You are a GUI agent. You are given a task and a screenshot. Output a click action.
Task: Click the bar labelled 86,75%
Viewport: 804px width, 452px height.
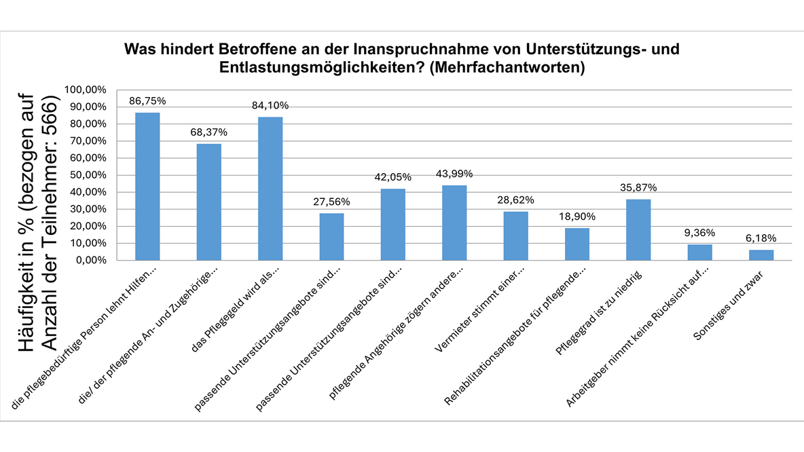click(x=147, y=186)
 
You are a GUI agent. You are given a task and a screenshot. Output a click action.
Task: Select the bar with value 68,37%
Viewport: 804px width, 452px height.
click(x=208, y=202)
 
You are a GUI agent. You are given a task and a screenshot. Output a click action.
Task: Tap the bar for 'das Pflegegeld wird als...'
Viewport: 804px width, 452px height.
click(x=270, y=189)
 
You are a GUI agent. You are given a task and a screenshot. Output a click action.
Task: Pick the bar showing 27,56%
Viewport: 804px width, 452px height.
click(x=331, y=236)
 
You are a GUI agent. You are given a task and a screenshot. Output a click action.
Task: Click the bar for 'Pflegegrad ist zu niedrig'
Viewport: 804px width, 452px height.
click(x=638, y=229)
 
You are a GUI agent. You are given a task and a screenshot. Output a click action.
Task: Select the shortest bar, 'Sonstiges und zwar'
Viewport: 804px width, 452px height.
click(x=761, y=255)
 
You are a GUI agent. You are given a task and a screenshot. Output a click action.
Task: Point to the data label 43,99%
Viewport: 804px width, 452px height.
click(x=454, y=175)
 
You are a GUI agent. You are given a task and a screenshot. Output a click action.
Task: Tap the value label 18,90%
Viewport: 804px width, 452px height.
click(x=577, y=217)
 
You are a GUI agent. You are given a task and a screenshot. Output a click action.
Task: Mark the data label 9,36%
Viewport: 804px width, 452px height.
click(x=699, y=233)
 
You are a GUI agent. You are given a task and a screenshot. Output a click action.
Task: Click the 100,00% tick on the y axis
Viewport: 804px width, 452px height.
click(x=85, y=90)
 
